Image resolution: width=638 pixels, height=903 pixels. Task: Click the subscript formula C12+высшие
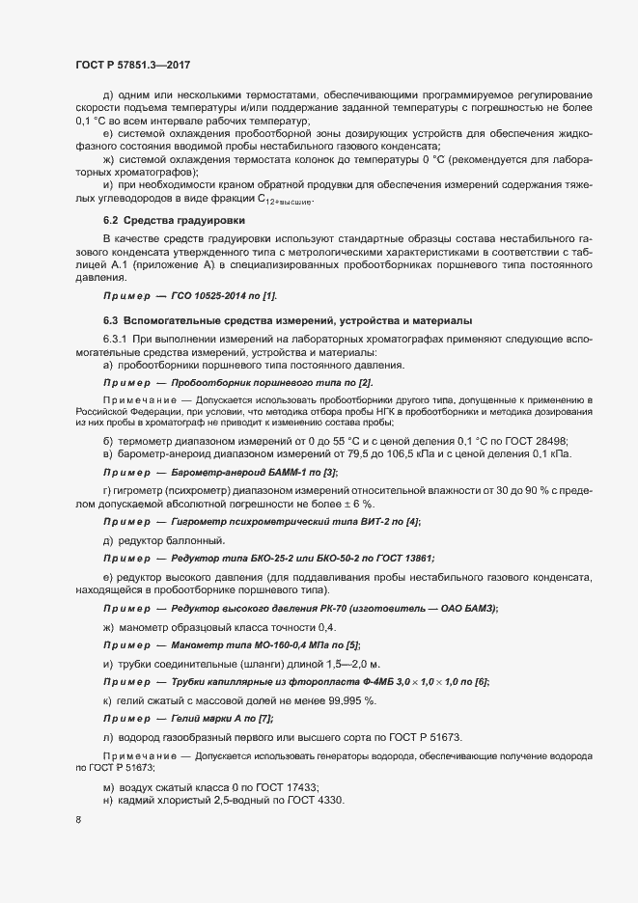286,200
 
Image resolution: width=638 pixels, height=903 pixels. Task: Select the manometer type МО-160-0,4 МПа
266,645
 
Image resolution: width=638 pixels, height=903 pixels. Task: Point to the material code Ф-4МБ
369,682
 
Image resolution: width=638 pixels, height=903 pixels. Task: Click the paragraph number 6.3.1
118,342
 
